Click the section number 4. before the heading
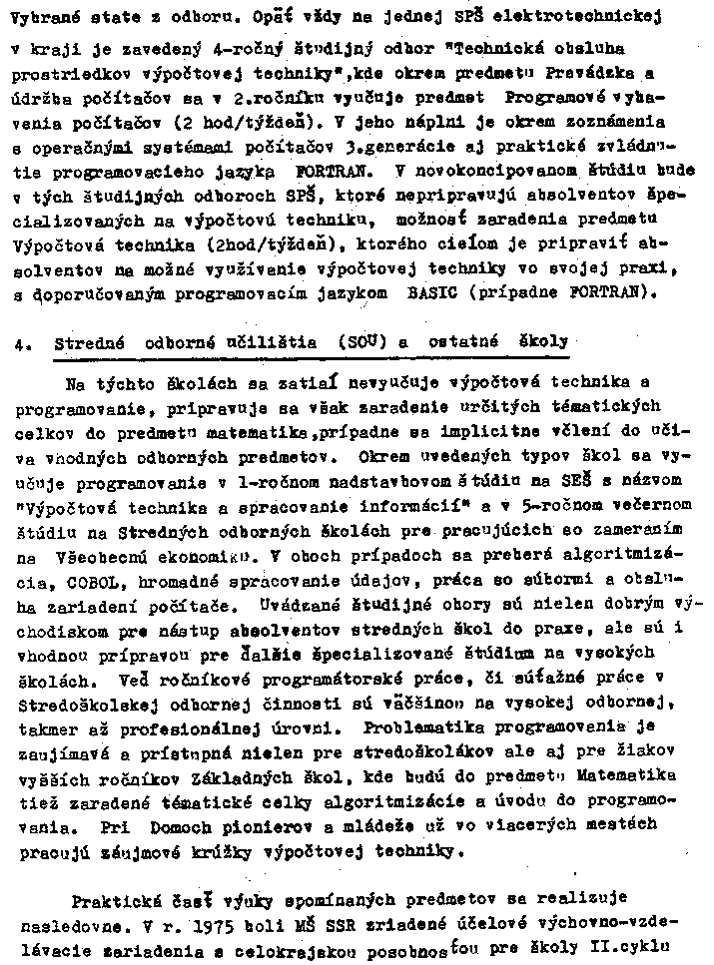[22, 342]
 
